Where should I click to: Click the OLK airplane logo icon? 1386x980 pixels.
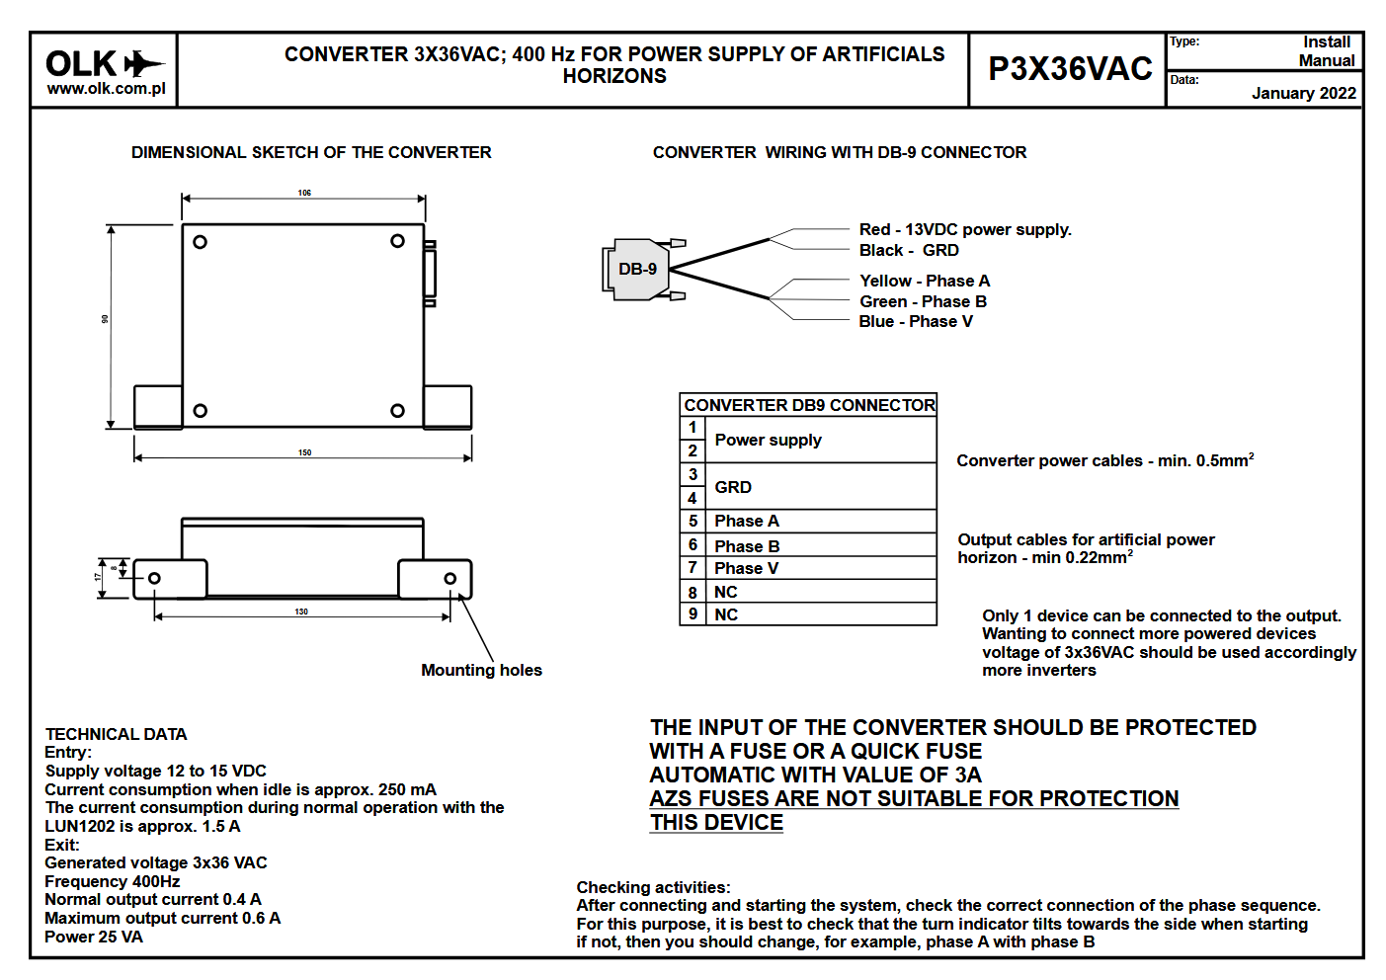coord(144,64)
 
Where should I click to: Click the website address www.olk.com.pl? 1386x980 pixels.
coord(106,88)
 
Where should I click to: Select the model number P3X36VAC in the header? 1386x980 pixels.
coord(1070,68)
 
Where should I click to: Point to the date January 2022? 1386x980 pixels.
coord(1303,93)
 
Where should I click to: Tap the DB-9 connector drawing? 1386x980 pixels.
coord(638,269)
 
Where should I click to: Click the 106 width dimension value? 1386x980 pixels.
coord(304,193)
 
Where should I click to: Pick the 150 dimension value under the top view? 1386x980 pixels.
coord(304,452)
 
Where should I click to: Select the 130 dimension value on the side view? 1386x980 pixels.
coord(301,612)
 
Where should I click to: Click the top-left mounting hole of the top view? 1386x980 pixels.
coord(200,242)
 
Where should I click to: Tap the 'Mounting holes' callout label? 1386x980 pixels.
coord(481,670)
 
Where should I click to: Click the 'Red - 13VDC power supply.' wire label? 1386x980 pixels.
coord(964,229)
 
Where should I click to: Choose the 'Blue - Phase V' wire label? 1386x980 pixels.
coord(915,321)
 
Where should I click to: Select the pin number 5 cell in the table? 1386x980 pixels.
coord(693,521)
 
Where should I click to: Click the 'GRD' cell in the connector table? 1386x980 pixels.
coord(733,487)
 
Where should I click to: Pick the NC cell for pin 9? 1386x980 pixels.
coord(726,614)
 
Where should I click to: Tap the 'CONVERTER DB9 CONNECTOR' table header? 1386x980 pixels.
coord(809,405)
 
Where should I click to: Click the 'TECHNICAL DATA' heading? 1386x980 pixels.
coord(116,734)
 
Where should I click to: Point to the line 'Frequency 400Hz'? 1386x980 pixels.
coord(112,881)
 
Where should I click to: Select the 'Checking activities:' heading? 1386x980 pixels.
coord(653,887)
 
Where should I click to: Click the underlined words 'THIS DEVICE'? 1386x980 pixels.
coord(716,822)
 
